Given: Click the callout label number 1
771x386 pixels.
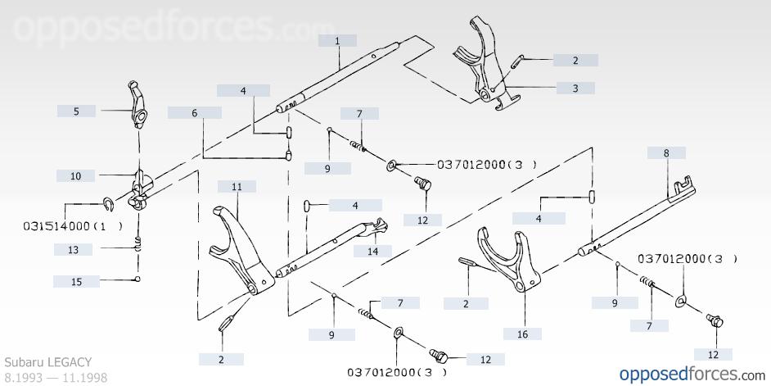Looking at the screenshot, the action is click(x=337, y=41).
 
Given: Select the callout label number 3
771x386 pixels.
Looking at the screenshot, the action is click(x=575, y=89).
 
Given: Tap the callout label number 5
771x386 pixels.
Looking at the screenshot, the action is click(x=76, y=111).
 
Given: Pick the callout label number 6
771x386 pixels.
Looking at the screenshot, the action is click(x=195, y=113).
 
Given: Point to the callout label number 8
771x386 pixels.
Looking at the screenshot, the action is click(x=666, y=152).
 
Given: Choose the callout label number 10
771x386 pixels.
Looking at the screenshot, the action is click(x=76, y=175).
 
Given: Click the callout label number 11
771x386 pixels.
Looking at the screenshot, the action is click(x=237, y=187).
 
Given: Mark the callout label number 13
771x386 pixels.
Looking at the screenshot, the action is click(x=74, y=250).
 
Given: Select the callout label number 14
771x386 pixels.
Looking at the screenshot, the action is click(x=372, y=251).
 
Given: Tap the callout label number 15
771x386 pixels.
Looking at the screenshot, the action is click(x=76, y=282).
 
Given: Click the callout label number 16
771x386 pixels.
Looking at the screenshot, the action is click(x=523, y=334).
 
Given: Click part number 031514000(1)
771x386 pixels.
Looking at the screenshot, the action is click(x=72, y=226).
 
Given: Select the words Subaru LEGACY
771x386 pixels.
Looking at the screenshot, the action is click(x=48, y=362).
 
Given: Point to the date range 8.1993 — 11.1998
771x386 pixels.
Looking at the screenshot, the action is click(x=56, y=378).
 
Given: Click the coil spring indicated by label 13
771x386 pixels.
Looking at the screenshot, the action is click(x=139, y=243).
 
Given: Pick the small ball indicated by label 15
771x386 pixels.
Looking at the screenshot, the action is click(x=138, y=279).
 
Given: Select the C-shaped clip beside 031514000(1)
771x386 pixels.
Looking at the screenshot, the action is click(x=109, y=203).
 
